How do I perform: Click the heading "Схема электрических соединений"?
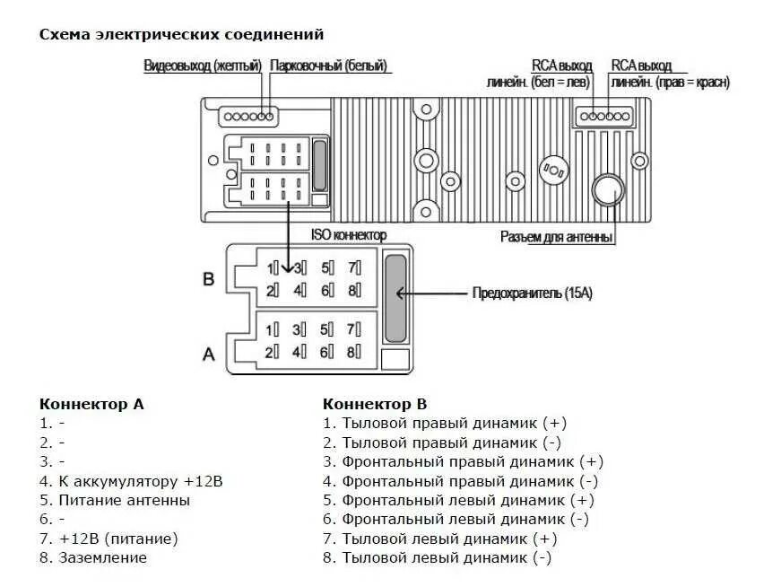tap(181, 34)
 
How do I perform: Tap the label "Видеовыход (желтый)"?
tap(203, 66)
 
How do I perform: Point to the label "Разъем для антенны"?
tap(556, 237)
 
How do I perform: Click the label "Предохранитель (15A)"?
tap(533, 293)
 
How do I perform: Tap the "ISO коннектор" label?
tap(349, 235)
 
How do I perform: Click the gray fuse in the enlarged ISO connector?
tap(395, 297)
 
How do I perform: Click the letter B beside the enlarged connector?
tap(208, 279)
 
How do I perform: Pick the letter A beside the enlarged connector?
tap(208, 354)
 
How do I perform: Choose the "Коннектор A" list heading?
tap(91, 404)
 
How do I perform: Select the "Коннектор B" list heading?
tap(375, 404)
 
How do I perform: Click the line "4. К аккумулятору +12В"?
tap(131, 481)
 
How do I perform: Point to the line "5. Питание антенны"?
tap(115, 500)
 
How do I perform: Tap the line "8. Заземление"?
tap(93, 557)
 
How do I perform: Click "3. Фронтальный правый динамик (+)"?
tap(463, 461)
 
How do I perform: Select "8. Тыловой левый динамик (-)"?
tap(438, 557)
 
